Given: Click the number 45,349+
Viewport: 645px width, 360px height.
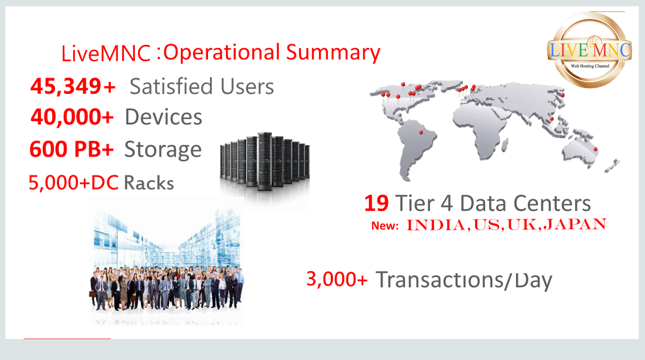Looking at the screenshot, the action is point(73,86).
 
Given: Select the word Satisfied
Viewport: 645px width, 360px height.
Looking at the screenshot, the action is point(171,86).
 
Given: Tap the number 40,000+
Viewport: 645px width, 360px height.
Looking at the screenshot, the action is point(72,117).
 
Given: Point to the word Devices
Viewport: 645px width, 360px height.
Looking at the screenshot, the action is point(164,117).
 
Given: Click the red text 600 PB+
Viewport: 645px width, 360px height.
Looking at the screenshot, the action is point(72,149).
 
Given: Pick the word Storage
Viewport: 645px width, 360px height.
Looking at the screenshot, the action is point(163,150).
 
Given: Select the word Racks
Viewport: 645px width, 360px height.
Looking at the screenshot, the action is point(149,183).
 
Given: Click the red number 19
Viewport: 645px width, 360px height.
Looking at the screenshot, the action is point(376,203).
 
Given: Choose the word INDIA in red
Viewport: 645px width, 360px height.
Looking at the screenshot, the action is point(436,225).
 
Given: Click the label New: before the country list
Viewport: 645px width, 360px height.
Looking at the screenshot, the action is point(385,226).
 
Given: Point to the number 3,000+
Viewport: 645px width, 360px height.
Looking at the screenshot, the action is point(337,279).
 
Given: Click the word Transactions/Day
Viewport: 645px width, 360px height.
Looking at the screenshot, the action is point(464,280).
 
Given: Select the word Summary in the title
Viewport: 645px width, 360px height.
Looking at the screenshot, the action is point(333,53).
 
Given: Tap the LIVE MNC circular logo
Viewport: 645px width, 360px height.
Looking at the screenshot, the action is point(590,50).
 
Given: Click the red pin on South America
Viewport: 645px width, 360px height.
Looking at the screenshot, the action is point(421,132).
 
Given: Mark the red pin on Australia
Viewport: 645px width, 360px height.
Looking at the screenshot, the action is point(595,149).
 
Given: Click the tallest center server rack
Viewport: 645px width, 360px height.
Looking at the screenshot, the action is point(265,161).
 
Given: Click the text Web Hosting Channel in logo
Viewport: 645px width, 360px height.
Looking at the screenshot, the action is point(590,66).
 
